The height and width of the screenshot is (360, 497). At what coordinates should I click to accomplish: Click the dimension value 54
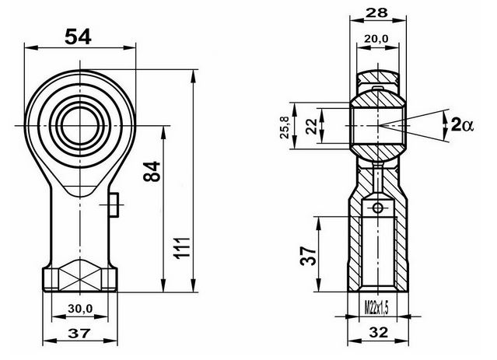coord(78,37)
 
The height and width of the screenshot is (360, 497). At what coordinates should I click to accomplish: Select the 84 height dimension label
coord(152,171)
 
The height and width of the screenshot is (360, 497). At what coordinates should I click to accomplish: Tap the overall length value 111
coord(183,248)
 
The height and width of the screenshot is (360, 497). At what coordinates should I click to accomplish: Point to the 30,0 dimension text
coord(80,308)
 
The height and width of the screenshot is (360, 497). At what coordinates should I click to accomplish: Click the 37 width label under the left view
coord(79,333)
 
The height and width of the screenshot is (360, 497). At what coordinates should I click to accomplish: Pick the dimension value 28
coord(376,12)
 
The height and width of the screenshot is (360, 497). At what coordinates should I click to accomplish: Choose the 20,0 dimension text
coord(376,39)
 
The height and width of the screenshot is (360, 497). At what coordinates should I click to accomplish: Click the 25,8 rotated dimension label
coord(285,128)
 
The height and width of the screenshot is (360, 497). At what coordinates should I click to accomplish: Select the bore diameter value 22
coord(312,126)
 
